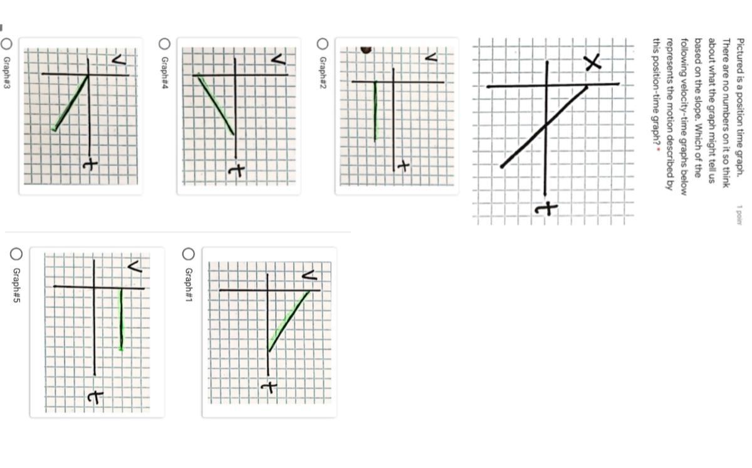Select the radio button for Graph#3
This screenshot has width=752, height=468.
pos(6,44)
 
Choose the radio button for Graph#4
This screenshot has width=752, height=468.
pos(164,44)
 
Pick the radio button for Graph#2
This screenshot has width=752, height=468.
pos(322,44)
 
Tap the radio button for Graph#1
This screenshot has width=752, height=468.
pos(189,254)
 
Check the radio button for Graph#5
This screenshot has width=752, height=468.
pos(16,254)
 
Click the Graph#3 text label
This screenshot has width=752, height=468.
pos(6,73)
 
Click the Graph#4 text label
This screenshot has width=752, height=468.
pos(164,73)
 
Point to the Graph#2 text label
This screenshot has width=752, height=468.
pos(322,73)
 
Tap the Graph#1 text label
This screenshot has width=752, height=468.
pos(189,284)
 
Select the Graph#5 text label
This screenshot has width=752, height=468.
pos(16,285)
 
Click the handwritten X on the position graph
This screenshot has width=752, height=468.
pos(592,63)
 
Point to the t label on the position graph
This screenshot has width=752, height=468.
pos(546,208)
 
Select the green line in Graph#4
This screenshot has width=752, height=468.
pos(216,105)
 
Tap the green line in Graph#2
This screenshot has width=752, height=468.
pos(375,111)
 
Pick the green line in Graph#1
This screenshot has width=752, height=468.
pos(289,321)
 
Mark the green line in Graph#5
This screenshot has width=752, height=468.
pos(121,320)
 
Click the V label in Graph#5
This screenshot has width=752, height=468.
pos(135,267)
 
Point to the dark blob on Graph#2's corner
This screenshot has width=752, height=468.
pos(366,50)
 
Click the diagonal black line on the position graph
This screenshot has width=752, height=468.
pos(544,127)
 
